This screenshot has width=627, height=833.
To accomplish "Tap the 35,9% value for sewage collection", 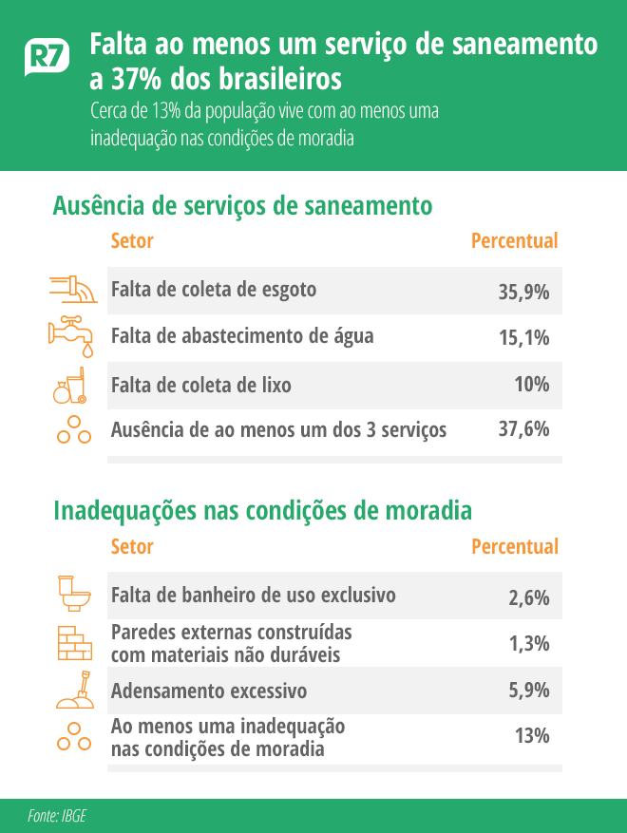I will point(523,292).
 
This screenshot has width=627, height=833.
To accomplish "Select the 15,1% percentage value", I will point(523,337).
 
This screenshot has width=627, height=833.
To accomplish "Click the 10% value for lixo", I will point(532,385).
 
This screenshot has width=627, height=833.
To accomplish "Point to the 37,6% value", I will point(523,429).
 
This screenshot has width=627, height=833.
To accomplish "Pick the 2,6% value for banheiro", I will point(529,597).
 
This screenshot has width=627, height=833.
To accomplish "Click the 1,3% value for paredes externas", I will point(529,643).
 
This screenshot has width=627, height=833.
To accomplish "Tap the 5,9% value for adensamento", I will point(529,691).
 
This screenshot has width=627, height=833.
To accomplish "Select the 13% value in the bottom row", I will point(532,736).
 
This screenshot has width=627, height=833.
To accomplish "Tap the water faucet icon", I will point(72,334).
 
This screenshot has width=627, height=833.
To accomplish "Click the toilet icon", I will point(72,594).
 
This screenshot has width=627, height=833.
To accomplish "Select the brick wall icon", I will point(72,643).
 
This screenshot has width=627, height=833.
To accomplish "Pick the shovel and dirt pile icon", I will point(74,691).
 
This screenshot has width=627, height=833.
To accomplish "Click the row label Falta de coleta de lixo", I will point(201,386).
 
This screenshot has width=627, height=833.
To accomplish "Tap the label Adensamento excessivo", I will point(209,691).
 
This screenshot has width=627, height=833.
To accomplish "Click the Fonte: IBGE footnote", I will point(57,816).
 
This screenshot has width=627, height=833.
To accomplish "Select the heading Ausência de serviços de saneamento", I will point(243,205).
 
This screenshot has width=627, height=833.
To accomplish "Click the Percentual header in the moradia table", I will point(515,547).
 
